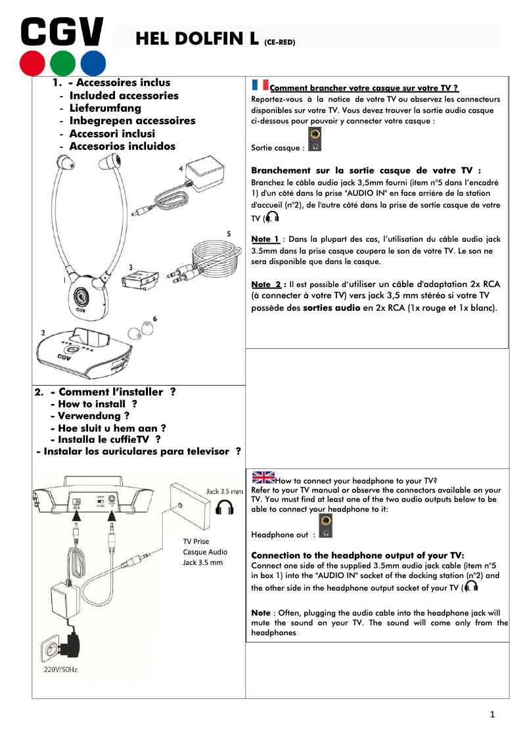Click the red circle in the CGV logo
point(32,62)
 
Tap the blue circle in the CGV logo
point(93,62)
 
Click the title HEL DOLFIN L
point(196,39)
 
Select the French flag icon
point(260,85)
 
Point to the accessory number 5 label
point(228,233)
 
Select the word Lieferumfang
point(104,108)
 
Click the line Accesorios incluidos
point(122,146)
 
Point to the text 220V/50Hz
point(56,669)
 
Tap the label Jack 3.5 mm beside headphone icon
point(224,491)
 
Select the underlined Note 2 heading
point(267,284)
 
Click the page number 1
point(492,715)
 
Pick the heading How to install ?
point(97,404)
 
